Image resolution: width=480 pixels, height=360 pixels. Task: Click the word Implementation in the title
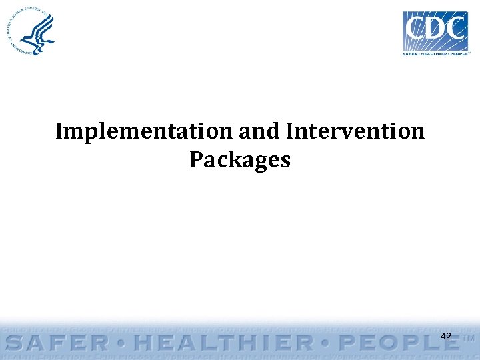coord(144,131)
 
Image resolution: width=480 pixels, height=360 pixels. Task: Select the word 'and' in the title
coord(259,131)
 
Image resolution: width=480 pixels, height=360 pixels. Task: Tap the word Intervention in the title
coord(355,131)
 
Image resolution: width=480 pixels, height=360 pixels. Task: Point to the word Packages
coord(240,160)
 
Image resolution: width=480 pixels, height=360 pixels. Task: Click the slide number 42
coord(446,337)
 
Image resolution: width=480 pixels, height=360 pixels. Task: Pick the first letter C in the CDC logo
coord(417,29)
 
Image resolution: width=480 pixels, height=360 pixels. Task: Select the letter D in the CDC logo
coord(437,29)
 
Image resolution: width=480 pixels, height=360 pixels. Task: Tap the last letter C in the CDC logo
coord(457,29)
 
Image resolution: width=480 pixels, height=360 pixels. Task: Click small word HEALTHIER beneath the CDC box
coord(436,54)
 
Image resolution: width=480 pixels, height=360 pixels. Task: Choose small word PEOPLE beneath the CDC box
coord(460,54)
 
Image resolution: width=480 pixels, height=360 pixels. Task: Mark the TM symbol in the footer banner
coord(469,339)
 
